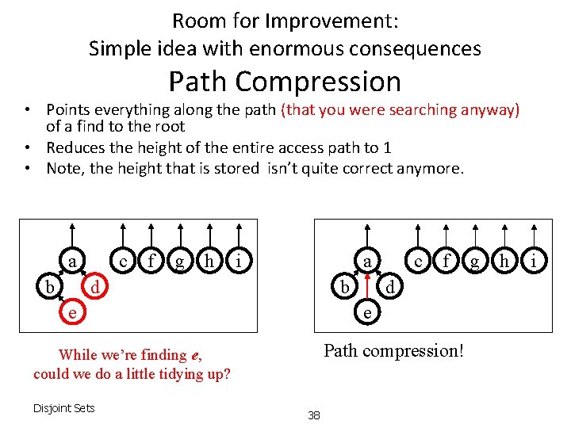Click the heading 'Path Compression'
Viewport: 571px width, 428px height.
[x=285, y=82]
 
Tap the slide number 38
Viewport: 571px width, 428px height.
[x=314, y=415]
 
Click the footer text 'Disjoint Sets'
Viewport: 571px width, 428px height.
[x=63, y=408]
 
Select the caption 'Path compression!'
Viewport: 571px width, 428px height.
[x=393, y=350]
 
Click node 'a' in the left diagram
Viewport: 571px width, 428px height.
[x=71, y=260]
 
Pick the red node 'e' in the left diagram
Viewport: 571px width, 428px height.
[x=71, y=312]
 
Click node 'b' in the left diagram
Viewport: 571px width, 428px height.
[x=49, y=286]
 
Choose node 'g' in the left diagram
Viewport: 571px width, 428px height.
[x=181, y=260]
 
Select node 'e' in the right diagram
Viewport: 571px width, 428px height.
[x=366, y=312]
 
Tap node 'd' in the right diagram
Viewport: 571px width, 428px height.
[x=389, y=286]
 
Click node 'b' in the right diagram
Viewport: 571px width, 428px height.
[x=343, y=286]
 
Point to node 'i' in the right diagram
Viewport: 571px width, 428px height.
[x=534, y=260]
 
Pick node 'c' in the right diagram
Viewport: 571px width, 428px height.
[x=418, y=260]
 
